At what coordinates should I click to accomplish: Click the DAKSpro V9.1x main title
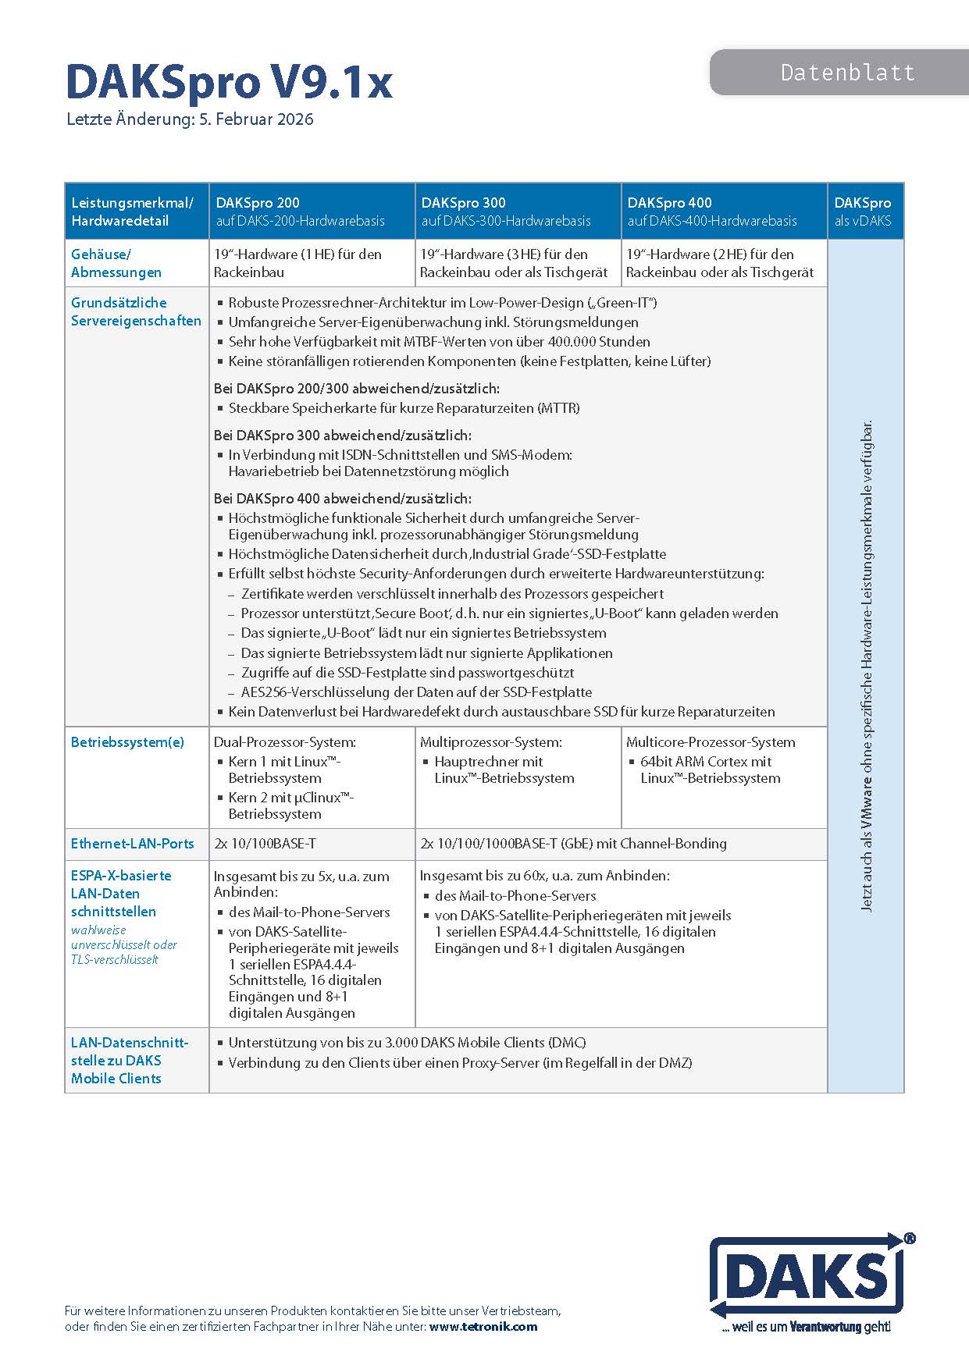tap(229, 83)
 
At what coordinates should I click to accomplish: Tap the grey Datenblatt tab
tap(847, 73)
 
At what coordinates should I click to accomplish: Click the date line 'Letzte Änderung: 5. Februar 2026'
tap(190, 119)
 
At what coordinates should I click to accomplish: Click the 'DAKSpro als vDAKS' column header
tap(862, 212)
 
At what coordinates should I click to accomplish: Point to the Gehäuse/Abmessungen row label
tap(116, 263)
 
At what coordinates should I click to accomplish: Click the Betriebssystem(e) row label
tap(127, 741)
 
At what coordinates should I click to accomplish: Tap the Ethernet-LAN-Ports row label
tap(132, 844)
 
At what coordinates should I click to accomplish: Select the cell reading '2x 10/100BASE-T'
tap(265, 844)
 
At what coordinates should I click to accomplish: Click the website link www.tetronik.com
tap(483, 1326)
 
